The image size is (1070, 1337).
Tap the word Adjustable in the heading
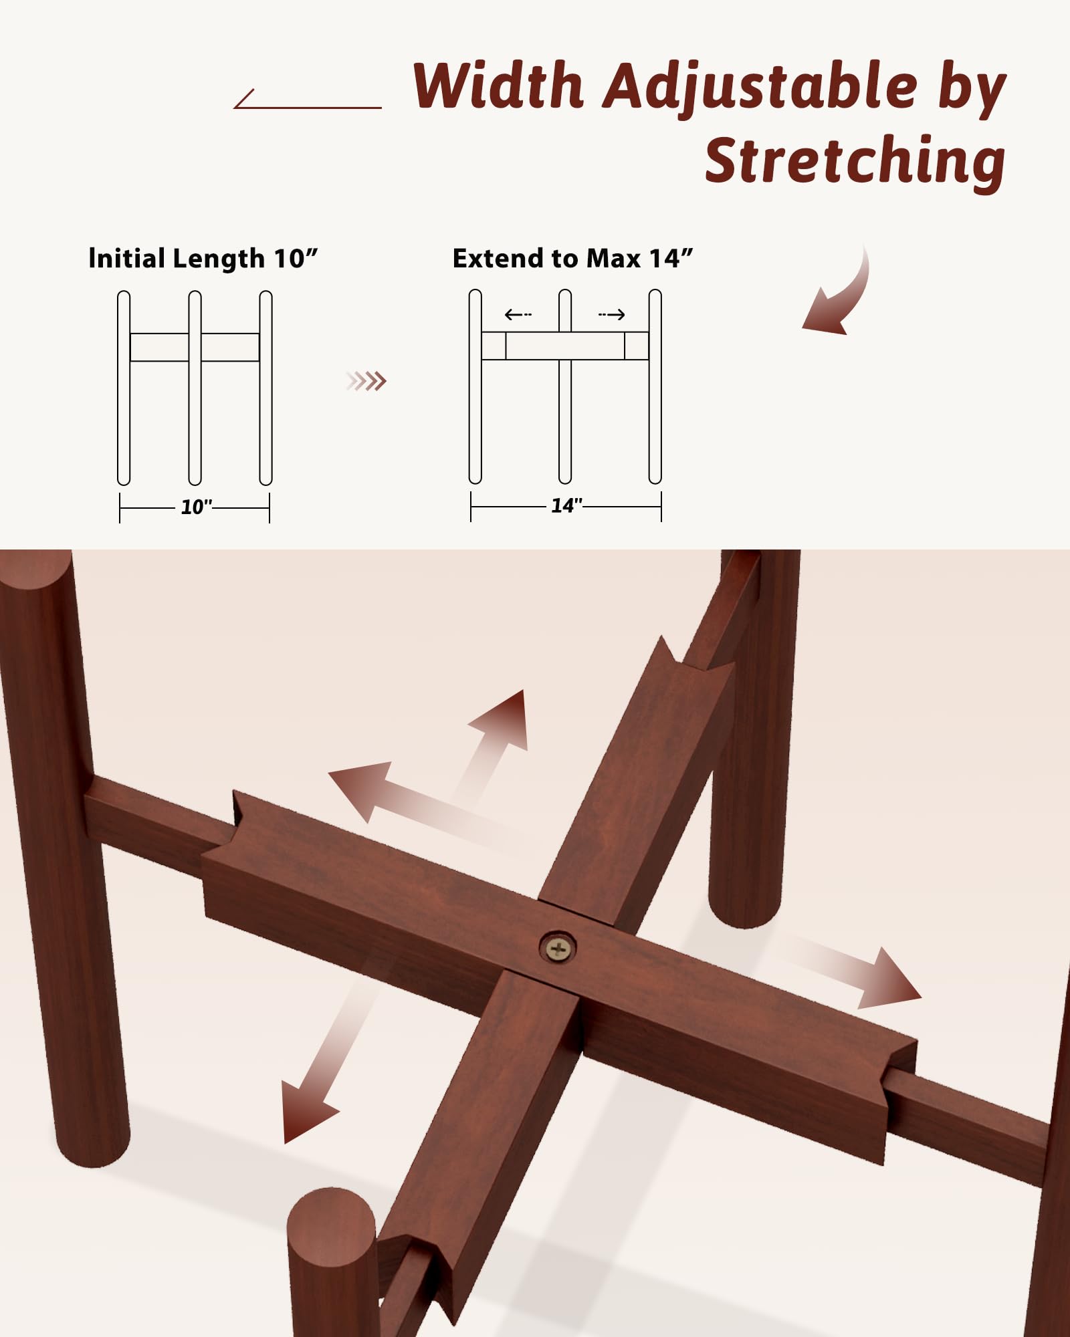(x=760, y=88)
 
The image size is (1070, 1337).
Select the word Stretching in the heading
(x=855, y=162)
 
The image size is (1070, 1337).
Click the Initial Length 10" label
(x=203, y=259)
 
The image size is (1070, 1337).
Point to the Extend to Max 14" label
(x=572, y=258)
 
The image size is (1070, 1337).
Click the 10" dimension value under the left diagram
(x=197, y=507)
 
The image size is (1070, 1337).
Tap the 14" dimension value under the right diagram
(x=566, y=505)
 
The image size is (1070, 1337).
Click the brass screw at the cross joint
(x=558, y=947)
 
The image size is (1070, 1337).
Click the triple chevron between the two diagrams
(x=366, y=381)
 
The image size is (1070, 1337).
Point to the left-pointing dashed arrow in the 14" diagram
(x=518, y=314)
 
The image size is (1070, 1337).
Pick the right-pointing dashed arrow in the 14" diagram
(x=612, y=314)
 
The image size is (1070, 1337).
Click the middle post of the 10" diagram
(x=195, y=388)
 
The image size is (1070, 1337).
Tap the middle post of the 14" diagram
(x=565, y=386)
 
